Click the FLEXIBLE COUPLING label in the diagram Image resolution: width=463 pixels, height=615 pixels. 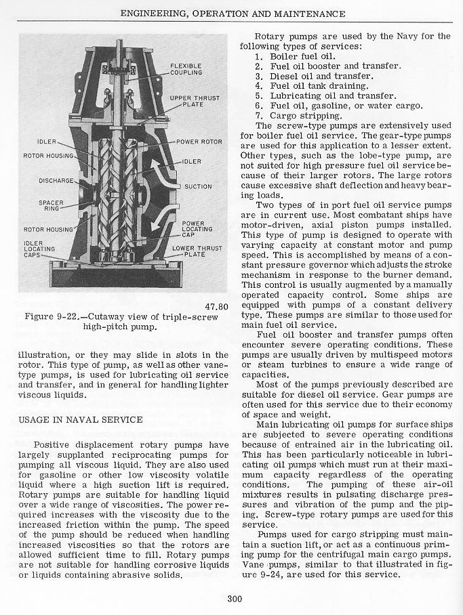[x=186, y=68]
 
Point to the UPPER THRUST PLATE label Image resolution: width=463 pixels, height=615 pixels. [x=185, y=102]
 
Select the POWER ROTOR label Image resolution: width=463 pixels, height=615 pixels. [x=199, y=142]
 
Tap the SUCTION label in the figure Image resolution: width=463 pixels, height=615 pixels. [x=198, y=186]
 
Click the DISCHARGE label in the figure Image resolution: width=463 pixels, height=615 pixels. [x=55, y=180]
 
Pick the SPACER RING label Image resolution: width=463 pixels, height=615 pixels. [x=52, y=206]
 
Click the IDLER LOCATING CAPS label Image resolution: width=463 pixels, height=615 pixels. [x=39, y=249]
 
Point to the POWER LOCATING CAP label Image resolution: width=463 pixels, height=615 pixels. [x=193, y=229]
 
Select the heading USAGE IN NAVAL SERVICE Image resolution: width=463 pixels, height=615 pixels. [x=80, y=419]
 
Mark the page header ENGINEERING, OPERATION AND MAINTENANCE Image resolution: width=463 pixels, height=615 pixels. [x=233, y=14]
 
